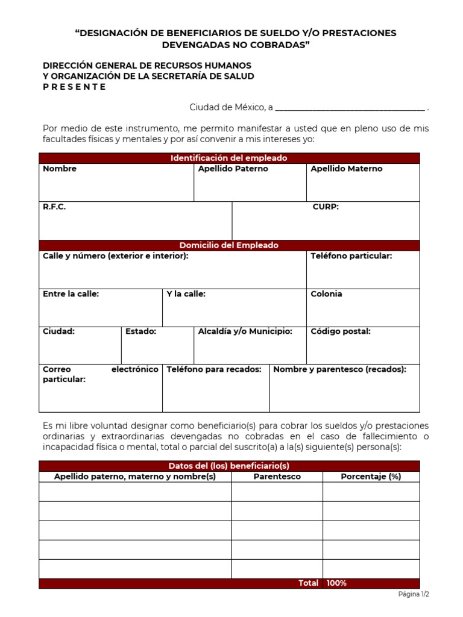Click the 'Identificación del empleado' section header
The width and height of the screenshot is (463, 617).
tap(229, 158)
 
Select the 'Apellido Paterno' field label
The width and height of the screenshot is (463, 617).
tap(233, 169)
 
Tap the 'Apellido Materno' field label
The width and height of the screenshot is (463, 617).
tap(347, 169)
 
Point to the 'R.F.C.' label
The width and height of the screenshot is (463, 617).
tap(54, 207)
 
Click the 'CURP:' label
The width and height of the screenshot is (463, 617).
tap(326, 207)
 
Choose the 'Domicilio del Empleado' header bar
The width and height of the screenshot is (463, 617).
tap(229, 245)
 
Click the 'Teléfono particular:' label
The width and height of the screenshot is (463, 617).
tap(351, 256)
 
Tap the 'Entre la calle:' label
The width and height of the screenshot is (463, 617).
tap(71, 294)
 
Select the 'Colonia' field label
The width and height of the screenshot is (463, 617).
tap(326, 294)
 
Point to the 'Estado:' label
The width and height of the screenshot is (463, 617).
tap(141, 331)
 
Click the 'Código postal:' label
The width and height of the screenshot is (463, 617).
tap(341, 331)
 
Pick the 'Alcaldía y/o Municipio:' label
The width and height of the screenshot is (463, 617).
tap(245, 331)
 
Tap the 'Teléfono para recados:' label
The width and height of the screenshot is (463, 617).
tap(214, 369)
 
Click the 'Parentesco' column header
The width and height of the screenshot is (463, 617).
tap(277, 477)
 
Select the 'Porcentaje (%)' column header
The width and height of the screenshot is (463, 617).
tap(371, 477)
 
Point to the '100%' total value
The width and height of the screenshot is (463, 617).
tap(336, 583)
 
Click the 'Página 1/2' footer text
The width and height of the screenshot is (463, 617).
tap(414, 594)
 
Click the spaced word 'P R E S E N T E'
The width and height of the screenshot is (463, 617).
tap(74, 87)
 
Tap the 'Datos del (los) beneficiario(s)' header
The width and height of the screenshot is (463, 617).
tap(229, 466)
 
